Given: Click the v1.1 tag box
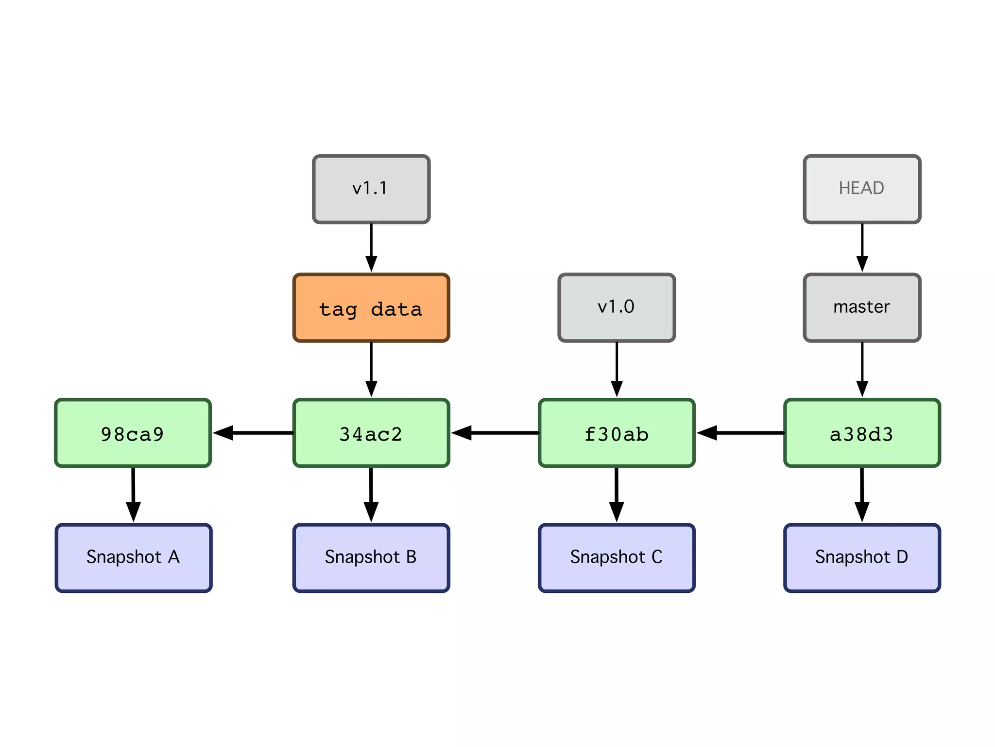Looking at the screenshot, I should click(371, 189).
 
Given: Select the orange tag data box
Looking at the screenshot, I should click(371, 308).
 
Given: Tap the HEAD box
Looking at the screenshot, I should click(862, 189).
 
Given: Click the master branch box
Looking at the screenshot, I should click(862, 308).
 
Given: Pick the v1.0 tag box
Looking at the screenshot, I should click(617, 308).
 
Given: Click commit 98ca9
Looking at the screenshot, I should click(133, 433).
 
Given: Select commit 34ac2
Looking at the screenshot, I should click(371, 433).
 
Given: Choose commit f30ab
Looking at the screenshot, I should click(617, 433).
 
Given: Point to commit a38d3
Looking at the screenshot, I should click(862, 433).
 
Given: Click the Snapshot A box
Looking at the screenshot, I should click(133, 558).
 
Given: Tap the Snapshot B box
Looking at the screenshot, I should click(371, 558).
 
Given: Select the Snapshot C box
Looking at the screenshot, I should click(617, 558).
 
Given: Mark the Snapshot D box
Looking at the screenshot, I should click(862, 558).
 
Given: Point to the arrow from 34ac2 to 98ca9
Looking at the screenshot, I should click(253, 432).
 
